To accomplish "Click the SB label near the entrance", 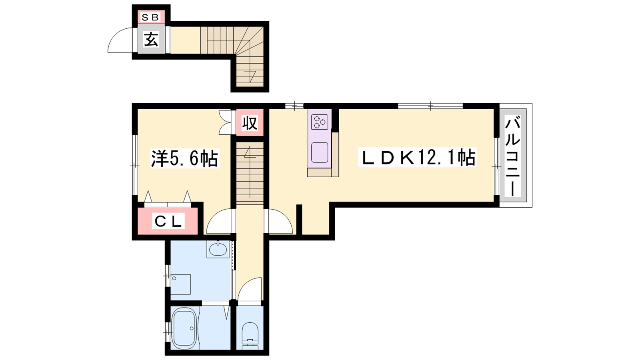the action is pos(150,18).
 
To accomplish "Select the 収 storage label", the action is pos(250,122).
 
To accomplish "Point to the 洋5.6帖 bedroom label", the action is pos(184,158).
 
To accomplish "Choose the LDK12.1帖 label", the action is pos(417,157).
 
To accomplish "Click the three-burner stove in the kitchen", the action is pos(320,122).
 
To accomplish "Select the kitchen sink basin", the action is pos(320,152).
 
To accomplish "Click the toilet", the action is pos(250,336).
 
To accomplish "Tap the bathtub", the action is pos(185,328).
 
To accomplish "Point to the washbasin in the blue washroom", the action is pos(218,250).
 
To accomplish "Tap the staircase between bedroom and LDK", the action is pos(250,173).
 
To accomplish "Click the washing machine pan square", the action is pos(180,284).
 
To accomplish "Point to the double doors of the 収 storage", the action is pos(225,122).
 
